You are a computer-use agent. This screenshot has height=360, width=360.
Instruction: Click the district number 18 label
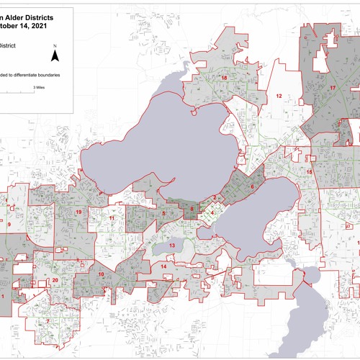pos(225,78)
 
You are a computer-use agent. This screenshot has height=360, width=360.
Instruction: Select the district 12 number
pos(277,95)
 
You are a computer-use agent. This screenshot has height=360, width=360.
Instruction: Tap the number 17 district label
pos(333,88)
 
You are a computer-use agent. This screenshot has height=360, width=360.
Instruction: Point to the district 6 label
pos(252,187)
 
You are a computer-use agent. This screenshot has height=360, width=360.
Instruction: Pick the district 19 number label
pos(78,212)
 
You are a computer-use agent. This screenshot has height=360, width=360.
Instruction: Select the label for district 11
pos(112,217)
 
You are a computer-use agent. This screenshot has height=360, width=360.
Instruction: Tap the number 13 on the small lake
pos(172,246)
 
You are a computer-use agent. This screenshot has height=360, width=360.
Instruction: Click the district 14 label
pos(164,267)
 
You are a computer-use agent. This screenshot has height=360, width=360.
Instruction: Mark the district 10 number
pos(101,274)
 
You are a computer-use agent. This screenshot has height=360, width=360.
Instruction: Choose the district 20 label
pos(55,281)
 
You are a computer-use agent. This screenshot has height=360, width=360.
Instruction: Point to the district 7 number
pos(48,321)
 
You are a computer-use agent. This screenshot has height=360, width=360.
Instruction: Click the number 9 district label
pos(9,225)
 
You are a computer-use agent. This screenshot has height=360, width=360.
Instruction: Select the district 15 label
pos(310,173)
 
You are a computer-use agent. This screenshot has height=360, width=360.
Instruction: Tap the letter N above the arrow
pos(55,46)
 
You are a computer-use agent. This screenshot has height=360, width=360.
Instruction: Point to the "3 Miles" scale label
pos(38,86)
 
